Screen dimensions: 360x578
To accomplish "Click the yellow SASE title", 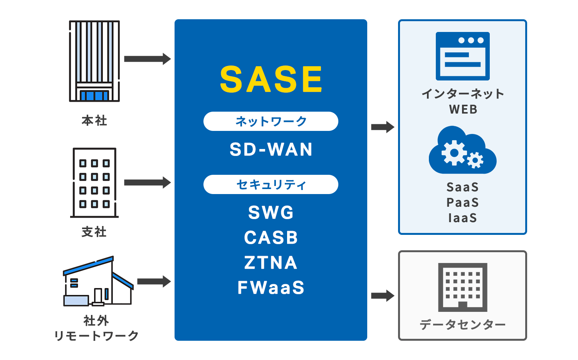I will [x=271, y=79].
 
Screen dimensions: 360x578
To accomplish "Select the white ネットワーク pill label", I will [x=271, y=121].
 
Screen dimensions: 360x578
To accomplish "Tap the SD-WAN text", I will [x=271, y=149].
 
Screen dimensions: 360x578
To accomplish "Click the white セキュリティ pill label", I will [x=271, y=184].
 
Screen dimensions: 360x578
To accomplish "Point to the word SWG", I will [x=271, y=213].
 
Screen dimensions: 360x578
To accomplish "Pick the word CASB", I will [x=271, y=238].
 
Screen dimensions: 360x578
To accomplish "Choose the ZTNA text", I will [x=271, y=263].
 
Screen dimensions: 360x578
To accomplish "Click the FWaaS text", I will [x=271, y=288].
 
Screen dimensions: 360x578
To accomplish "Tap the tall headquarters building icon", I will [x=94, y=61].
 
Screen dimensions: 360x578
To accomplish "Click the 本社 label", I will [x=94, y=121].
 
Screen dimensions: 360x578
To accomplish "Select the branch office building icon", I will [x=94, y=183].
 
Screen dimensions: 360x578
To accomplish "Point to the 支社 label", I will [x=94, y=232].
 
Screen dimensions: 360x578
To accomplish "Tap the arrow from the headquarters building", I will [x=147, y=59].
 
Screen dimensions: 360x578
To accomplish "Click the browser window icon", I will [x=462, y=56].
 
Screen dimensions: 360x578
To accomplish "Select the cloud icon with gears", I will [x=462, y=151].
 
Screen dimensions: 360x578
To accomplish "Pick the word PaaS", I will [x=462, y=203].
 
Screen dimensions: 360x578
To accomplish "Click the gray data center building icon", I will [x=462, y=287].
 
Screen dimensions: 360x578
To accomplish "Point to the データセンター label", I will [x=462, y=325].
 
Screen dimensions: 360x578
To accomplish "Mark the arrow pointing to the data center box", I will [x=382, y=296].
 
